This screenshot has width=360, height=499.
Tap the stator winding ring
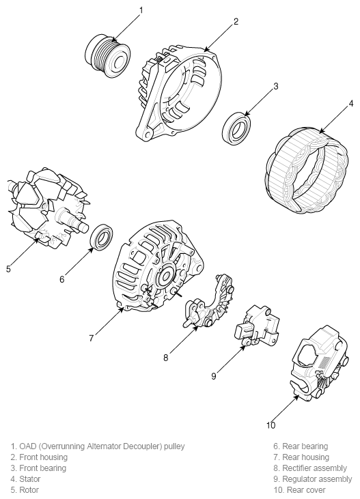pyautogui.click(x=305, y=167)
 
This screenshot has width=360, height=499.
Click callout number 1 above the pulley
pyautogui.click(x=141, y=10)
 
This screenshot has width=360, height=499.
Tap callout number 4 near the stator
pyautogui.click(x=350, y=104)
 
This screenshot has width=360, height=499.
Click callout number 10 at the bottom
pyautogui.click(x=271, y=425)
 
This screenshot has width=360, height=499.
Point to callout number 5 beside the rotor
pyautogui.click(x=8, y=268)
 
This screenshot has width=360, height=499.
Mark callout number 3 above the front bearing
pyautogui.click(x=275, y=87)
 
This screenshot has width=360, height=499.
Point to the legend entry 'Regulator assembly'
pyautogui.click(x=316, y=479)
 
